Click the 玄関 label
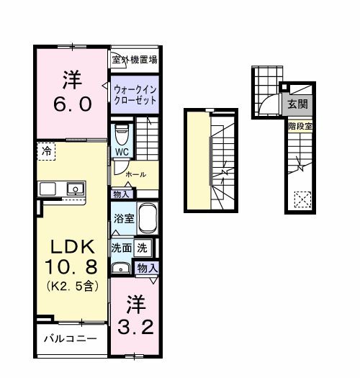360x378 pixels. (297, 104)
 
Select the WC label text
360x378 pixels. (122, 153)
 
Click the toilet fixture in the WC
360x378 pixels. (122, 133)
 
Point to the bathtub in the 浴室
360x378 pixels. (147, 217)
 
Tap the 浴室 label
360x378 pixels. (122, 217)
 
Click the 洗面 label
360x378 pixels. (121, 247)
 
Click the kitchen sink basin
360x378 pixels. (73, 189)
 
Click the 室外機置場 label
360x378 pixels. (134, 60)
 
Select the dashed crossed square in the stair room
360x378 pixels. (302, 197)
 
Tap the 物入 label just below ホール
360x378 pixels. (121, 194)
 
